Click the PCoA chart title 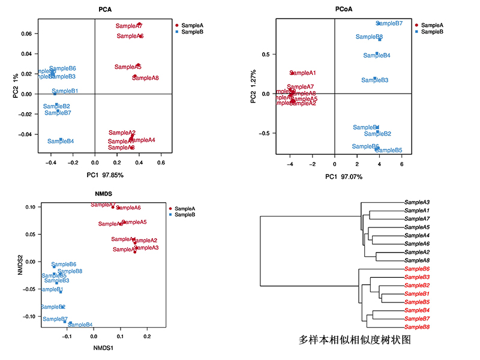click(x=344, y=10)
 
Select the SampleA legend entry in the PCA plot click(x=190, y=25)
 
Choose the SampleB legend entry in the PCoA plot click(x=431, y=32)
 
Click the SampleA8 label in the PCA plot click(x=145, y=78)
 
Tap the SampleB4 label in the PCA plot click(x=61, y=142)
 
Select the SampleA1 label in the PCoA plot click(x=302, y=73)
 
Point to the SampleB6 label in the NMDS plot click(x=64, y=265)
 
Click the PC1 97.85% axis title click(x=95, y=175)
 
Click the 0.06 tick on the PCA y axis click(x=26, y=34)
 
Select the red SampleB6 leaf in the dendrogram click(x=417, y=269)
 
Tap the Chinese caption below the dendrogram click(x=354, y=340)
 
